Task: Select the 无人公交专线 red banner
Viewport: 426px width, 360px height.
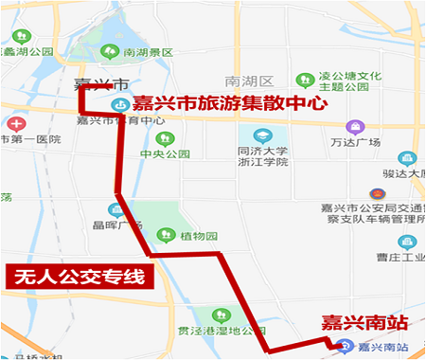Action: click(x=79, y=278)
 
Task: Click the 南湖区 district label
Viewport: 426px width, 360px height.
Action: click(x=251, y=81)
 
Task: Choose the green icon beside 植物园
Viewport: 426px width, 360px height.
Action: click(x=165, y=234)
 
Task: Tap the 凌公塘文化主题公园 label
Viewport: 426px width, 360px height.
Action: click(x=349, y=82)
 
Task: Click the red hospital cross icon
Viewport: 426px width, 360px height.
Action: click(x=13, y=124)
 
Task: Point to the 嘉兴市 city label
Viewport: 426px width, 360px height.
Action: click(x=94, y=82)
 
